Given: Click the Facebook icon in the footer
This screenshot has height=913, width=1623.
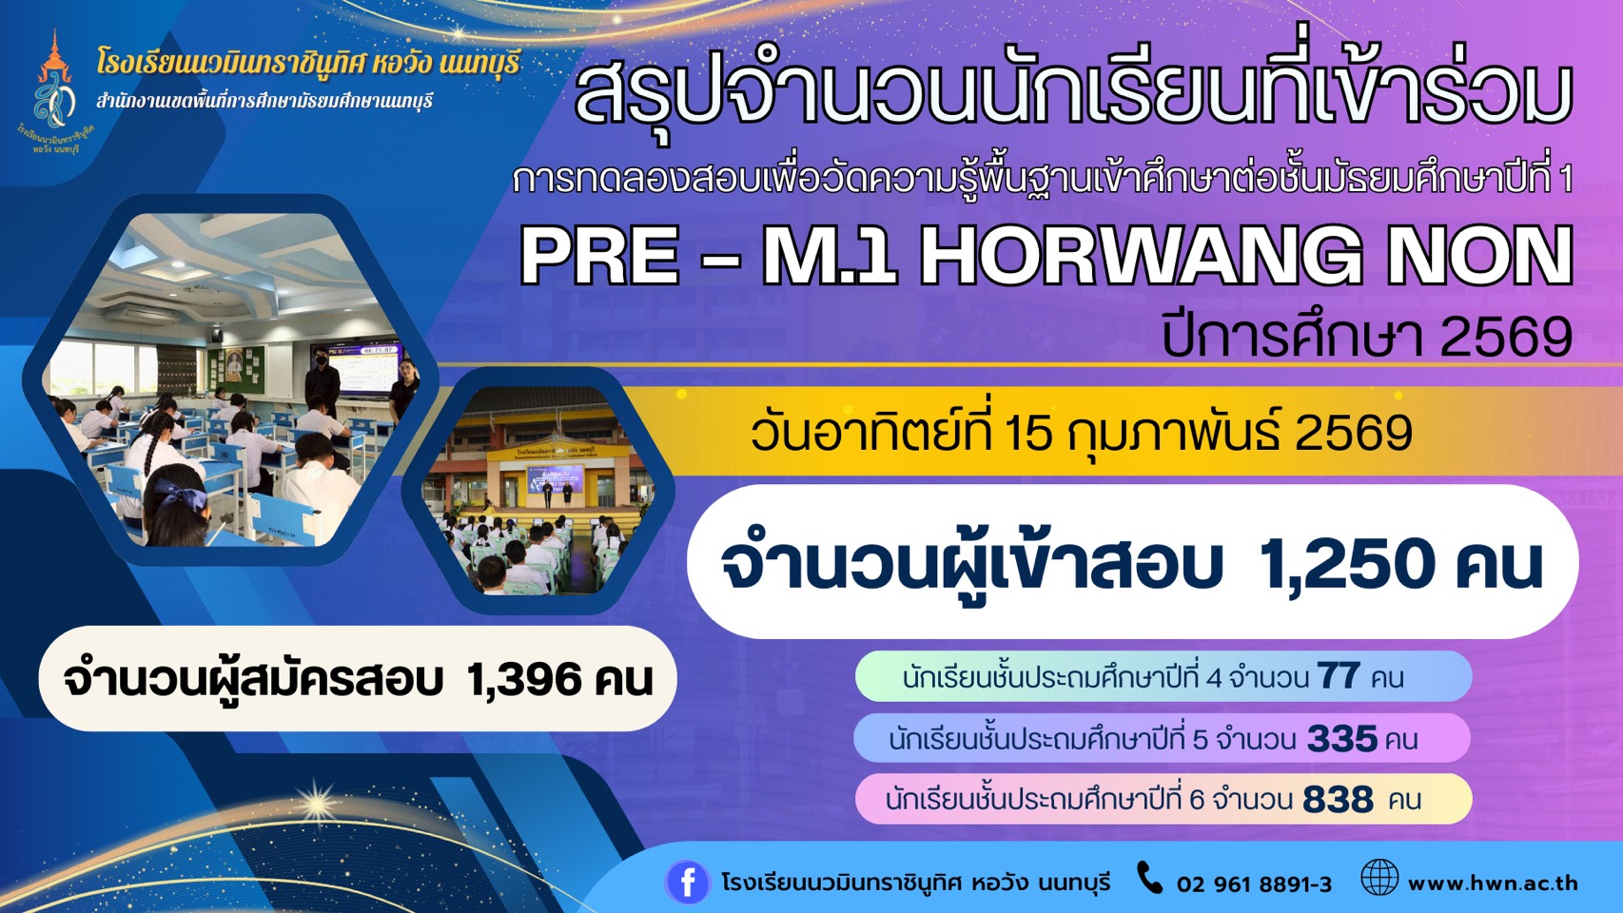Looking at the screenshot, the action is [687, 882].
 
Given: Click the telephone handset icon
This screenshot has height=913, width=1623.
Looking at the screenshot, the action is [1149, 878].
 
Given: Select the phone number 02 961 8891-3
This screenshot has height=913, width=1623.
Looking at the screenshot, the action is [1254, 884].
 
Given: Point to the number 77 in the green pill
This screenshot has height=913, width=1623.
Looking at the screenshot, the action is [1338, 677].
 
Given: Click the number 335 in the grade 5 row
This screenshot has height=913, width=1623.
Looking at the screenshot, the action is [1341, 739].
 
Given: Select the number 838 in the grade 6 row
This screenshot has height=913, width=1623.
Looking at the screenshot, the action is [1338, 800].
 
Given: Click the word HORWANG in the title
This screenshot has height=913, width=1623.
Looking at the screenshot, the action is [1132, 257].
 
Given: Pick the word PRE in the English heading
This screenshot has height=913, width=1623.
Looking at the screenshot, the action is [600, 257].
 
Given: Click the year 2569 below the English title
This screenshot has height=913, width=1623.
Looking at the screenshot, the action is [1506, 339].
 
